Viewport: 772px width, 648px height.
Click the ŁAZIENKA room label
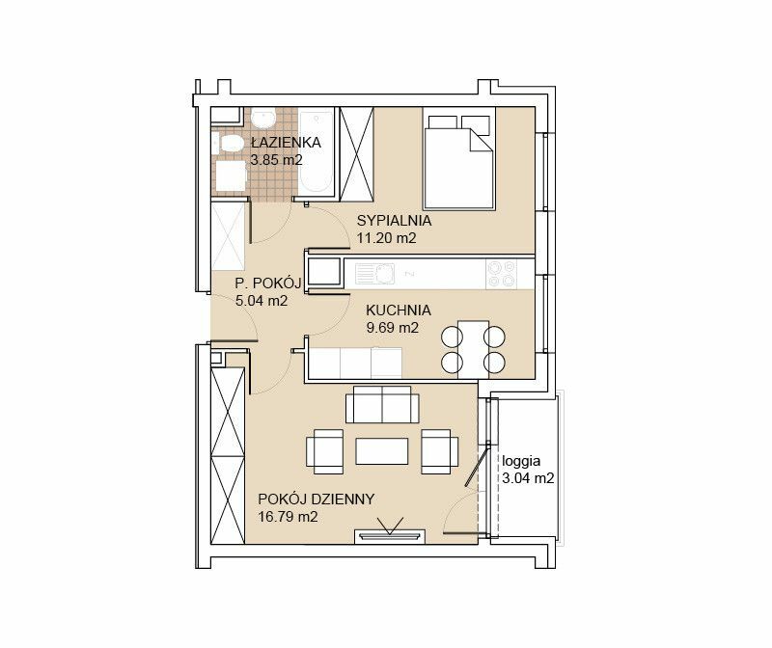(286, 142)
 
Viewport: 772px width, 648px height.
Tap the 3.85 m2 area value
(276, 160)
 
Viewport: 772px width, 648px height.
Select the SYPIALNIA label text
(394, 221)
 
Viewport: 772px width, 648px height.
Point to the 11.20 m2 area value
(387, 238)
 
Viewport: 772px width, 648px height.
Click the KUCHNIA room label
(399, 310)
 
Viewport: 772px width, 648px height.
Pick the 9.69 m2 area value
(393, 328)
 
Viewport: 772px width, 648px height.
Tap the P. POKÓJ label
(268, 283)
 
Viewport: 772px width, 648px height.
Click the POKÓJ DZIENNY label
(317, 499)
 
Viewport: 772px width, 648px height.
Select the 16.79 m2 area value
(288, 517)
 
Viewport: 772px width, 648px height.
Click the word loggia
(521, 462)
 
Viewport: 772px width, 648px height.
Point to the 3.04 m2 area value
(528, 478)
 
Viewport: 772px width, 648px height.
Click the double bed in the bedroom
(459, 159)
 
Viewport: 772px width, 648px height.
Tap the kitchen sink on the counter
(375, 274)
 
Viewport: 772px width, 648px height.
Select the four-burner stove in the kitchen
(502, 274)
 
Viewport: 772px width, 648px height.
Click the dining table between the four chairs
(473, 349)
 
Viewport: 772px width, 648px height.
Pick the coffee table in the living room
(382, 451)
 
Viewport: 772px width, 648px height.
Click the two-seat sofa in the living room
(382, 404)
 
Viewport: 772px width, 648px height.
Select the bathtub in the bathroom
(317, 151)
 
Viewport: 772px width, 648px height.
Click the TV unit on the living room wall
(390, 537)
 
